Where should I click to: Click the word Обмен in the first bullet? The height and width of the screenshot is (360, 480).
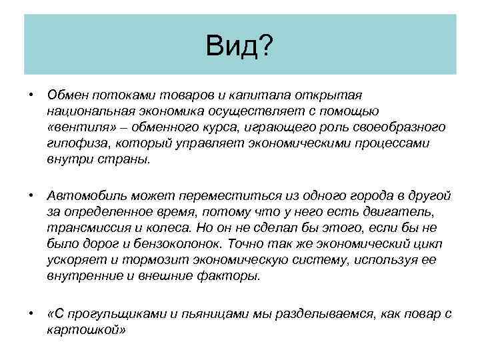(x=67, y=95)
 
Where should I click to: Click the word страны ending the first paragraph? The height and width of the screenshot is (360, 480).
(x=129, y=159)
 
